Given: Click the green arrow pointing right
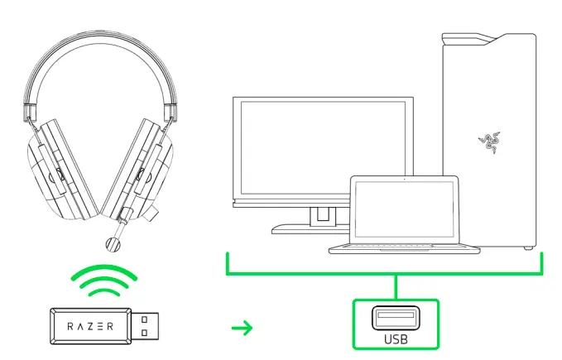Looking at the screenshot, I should tap(242, 329).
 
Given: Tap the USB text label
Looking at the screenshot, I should tap(396, 338).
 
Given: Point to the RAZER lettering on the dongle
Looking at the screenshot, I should tap(91, 326).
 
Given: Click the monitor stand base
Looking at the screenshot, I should tap(306, 229).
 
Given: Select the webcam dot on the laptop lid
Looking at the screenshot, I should tap(404, 179).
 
